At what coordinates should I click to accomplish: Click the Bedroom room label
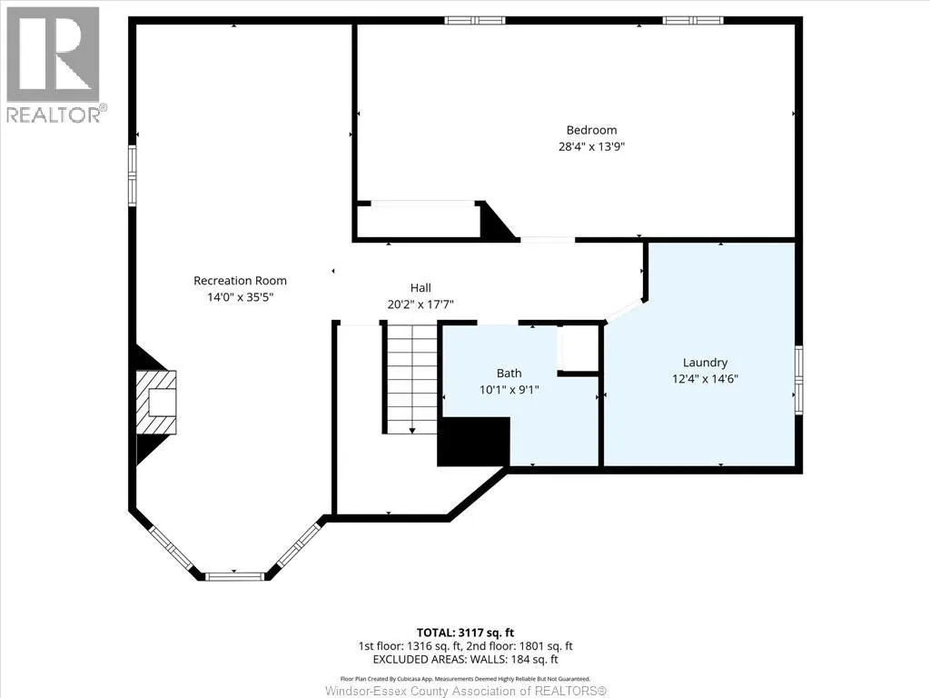click(x=591, y=130)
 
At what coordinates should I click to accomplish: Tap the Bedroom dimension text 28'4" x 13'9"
click(x=591, y=146)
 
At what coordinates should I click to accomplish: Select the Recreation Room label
click(x=240, y=281)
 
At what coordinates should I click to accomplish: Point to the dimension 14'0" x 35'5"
click(x=240, y=297)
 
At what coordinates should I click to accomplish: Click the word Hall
click(x=420, y=288)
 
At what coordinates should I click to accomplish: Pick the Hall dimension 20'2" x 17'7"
click(x=420, y=304)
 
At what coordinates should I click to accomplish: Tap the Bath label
click(x=509, y=374)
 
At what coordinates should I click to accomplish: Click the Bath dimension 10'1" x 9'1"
click(x=509, y=390)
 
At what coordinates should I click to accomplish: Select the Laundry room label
click(x=705, y=363)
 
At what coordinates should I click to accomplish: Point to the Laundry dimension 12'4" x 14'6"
click(x=705, y=379)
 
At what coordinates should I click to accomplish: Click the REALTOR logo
click(x=54, y=65)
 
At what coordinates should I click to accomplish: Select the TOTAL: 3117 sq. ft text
click(x=465, y=633)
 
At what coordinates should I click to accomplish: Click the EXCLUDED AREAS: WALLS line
click(x=465, y=660)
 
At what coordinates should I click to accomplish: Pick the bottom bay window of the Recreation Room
click(x=234, y=575)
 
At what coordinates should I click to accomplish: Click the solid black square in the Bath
click(x=473, y=442)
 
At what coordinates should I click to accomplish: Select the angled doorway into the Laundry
click(x=625, y=311)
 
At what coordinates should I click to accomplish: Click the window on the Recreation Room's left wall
click(x=133, y=176)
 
